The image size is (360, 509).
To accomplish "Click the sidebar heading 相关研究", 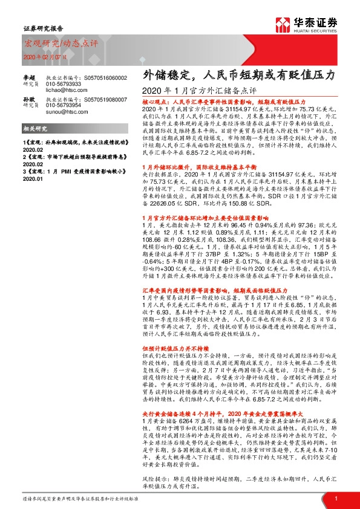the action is click(x=33, y=129).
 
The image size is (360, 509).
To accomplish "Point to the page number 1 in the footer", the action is click(x=335, y=498).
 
